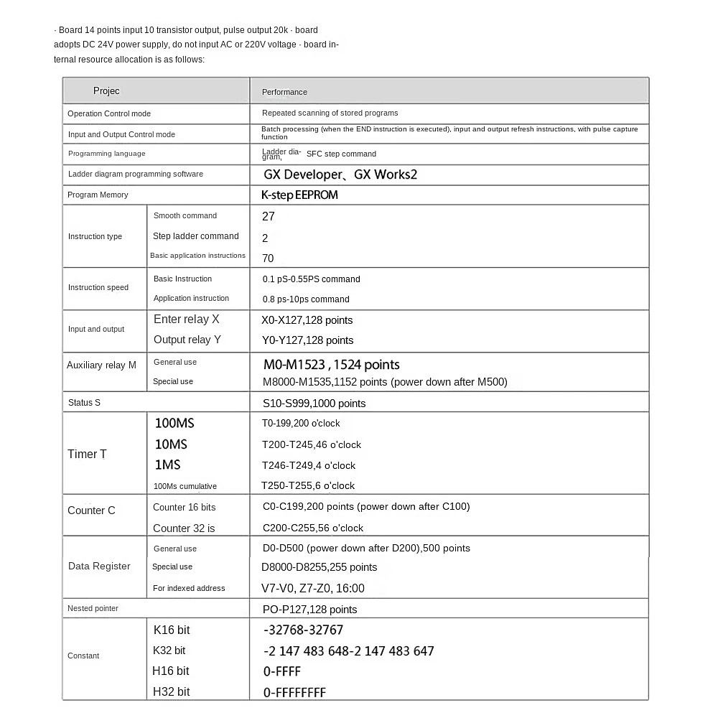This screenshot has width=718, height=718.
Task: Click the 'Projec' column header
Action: [x=106, y=91]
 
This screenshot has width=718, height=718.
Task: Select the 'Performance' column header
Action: [x=284, y=92]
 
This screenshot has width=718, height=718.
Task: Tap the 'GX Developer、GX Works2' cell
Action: [x=340, y=174]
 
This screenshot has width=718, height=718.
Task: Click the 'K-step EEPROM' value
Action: [x=299, y=195]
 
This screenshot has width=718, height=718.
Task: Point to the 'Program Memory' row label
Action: [x=98, y=195]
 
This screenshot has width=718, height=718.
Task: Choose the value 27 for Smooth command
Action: [x=269, y=216]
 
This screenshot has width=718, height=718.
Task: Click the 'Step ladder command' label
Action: [x=195, y=236]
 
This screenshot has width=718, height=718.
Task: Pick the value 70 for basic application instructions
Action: [x=268, y=258]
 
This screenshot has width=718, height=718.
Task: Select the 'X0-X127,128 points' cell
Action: [x=307, y=320]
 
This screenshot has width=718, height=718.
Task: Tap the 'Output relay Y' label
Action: [x=187, y=340]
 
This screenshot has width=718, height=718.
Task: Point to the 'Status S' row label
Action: [x=84, y=402]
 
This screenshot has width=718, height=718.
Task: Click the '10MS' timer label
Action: [x=171, y=444]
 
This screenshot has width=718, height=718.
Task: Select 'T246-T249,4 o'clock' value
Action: [x=309, y=465]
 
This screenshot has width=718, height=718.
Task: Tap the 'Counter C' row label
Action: [x=91, y=510]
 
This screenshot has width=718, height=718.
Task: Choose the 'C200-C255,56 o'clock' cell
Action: [x=313, y=528]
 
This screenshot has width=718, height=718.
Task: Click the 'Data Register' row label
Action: [x=99, y=567]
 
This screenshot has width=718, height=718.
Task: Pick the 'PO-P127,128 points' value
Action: [x=309, y=610]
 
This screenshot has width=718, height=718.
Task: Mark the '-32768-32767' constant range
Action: [x=303, y=630]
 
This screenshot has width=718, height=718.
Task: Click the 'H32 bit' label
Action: [x=171, y=692]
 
